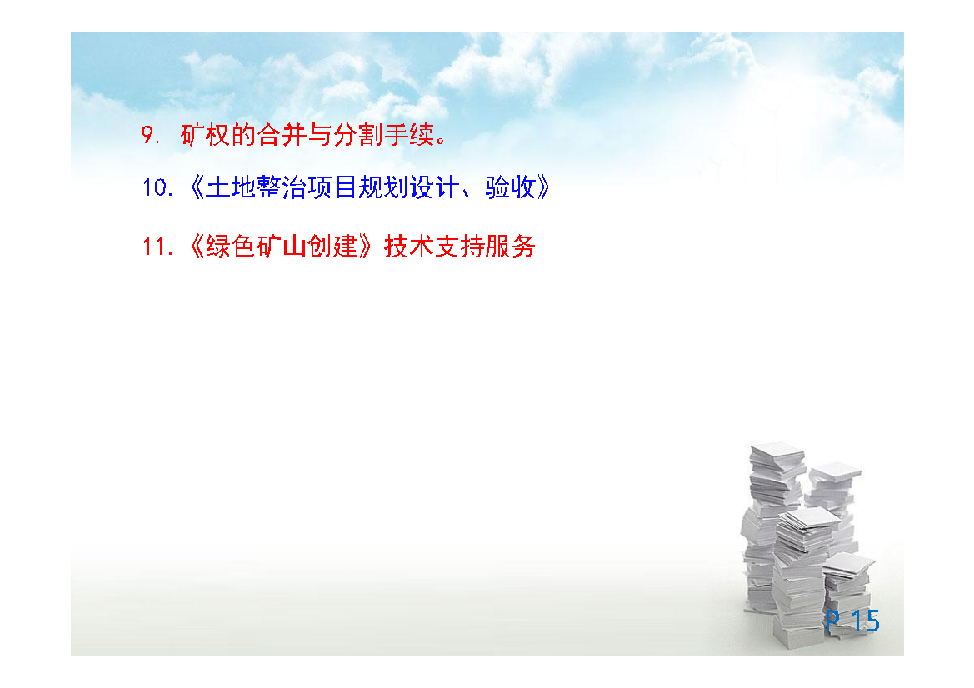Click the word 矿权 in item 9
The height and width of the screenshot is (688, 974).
tap(205, 135)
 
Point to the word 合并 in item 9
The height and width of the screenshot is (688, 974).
tap(282, 135)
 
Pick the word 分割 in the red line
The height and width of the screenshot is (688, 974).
tap(357, 135)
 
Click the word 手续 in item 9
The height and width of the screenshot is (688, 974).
tap(409, 135)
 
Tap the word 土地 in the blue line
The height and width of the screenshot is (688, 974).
tap(230, 187)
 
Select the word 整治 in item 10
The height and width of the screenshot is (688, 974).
tap(281, 187)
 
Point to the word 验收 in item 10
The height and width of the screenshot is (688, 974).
tap(511, 187)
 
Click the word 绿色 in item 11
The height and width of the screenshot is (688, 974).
tap(230, 247)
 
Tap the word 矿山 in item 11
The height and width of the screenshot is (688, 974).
tap(281, 247)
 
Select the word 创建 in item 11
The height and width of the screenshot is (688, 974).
tap(332, 247)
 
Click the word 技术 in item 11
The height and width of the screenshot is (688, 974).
tap(409, 247)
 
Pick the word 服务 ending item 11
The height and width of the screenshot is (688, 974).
tap(511, 247)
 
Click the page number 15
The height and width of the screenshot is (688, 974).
tap(866, 621)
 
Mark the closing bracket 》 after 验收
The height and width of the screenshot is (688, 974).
tap(543, 187)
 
